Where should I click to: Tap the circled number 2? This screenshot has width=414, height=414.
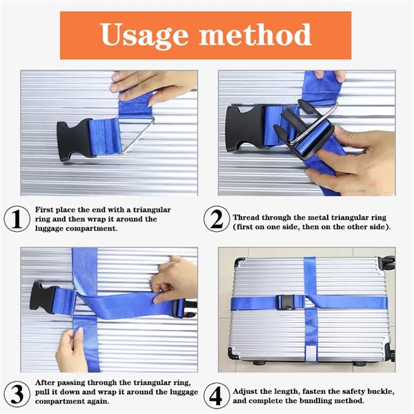[216, 218]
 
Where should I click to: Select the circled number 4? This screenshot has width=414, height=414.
[216, 394]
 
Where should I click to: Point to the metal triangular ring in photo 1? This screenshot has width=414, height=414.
[137, 135]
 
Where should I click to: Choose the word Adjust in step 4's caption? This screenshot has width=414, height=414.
[247, 388]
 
